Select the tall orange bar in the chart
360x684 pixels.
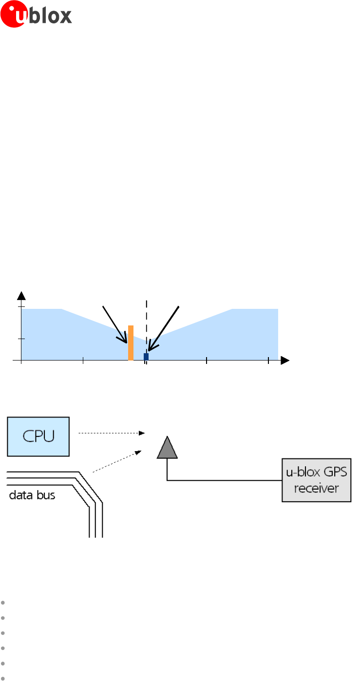pyautogui.click(x=131, y=342)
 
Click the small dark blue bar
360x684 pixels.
pyautogui.click(x=146, y=357)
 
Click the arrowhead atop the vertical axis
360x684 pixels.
pyautogui.click(x=21, y=295)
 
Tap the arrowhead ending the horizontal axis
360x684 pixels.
pyautogui.click(x=285, y=361)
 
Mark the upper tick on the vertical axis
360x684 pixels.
pyautogui.click(x=20, y=307)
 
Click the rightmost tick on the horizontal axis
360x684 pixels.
pyautogui.click(x=268, y=361)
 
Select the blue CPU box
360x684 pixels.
pyautogui.click(x=38, y=436)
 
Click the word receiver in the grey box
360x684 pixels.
pyautogui.click(x=317, y=488)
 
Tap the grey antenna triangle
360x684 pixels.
pyautogui.click(x=167, y=448)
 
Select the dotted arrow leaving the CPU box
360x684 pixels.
pyautogui.click(x=112, y=433)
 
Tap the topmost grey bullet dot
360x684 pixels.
pyautogui.click(x=3, y=602)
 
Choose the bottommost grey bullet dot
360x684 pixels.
pyautogui.click(x=3, y=679)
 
